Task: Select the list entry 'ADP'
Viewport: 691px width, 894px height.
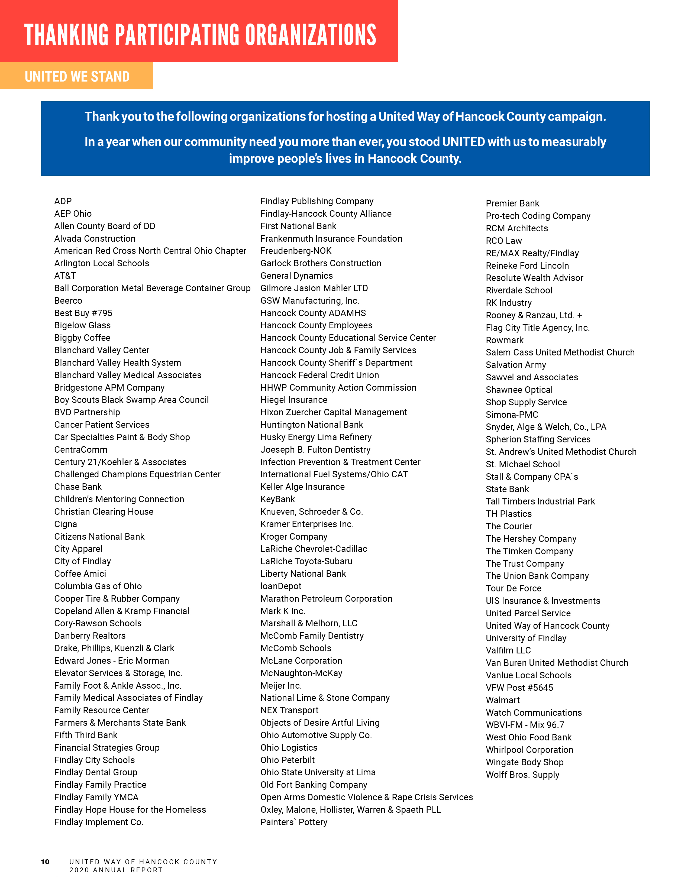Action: tap(63, 201)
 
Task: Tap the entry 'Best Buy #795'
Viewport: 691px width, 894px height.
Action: tap(83, 313)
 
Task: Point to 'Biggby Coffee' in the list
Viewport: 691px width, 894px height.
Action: tap(82, 338)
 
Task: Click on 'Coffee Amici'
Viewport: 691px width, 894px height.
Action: tap(80, 574)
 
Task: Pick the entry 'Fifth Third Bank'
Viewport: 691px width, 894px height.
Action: tap(86, 735)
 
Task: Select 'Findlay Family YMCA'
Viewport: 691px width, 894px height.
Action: tap(96, 797)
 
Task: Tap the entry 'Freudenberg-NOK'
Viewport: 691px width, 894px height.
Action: tap(296, 251)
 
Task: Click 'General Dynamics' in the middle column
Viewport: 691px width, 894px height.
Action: tap(297, 276)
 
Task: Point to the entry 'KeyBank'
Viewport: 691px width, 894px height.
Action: tap(277, 499)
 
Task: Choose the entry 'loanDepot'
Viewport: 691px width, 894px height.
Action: tap(281, 586)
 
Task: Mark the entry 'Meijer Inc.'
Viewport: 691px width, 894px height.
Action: tap(281, 686)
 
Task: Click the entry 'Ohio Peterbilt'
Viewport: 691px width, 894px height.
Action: tap(287, 760)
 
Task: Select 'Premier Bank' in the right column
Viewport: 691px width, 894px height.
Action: tap(512, 203)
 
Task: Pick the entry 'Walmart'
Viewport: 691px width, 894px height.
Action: tap(503, 700)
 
